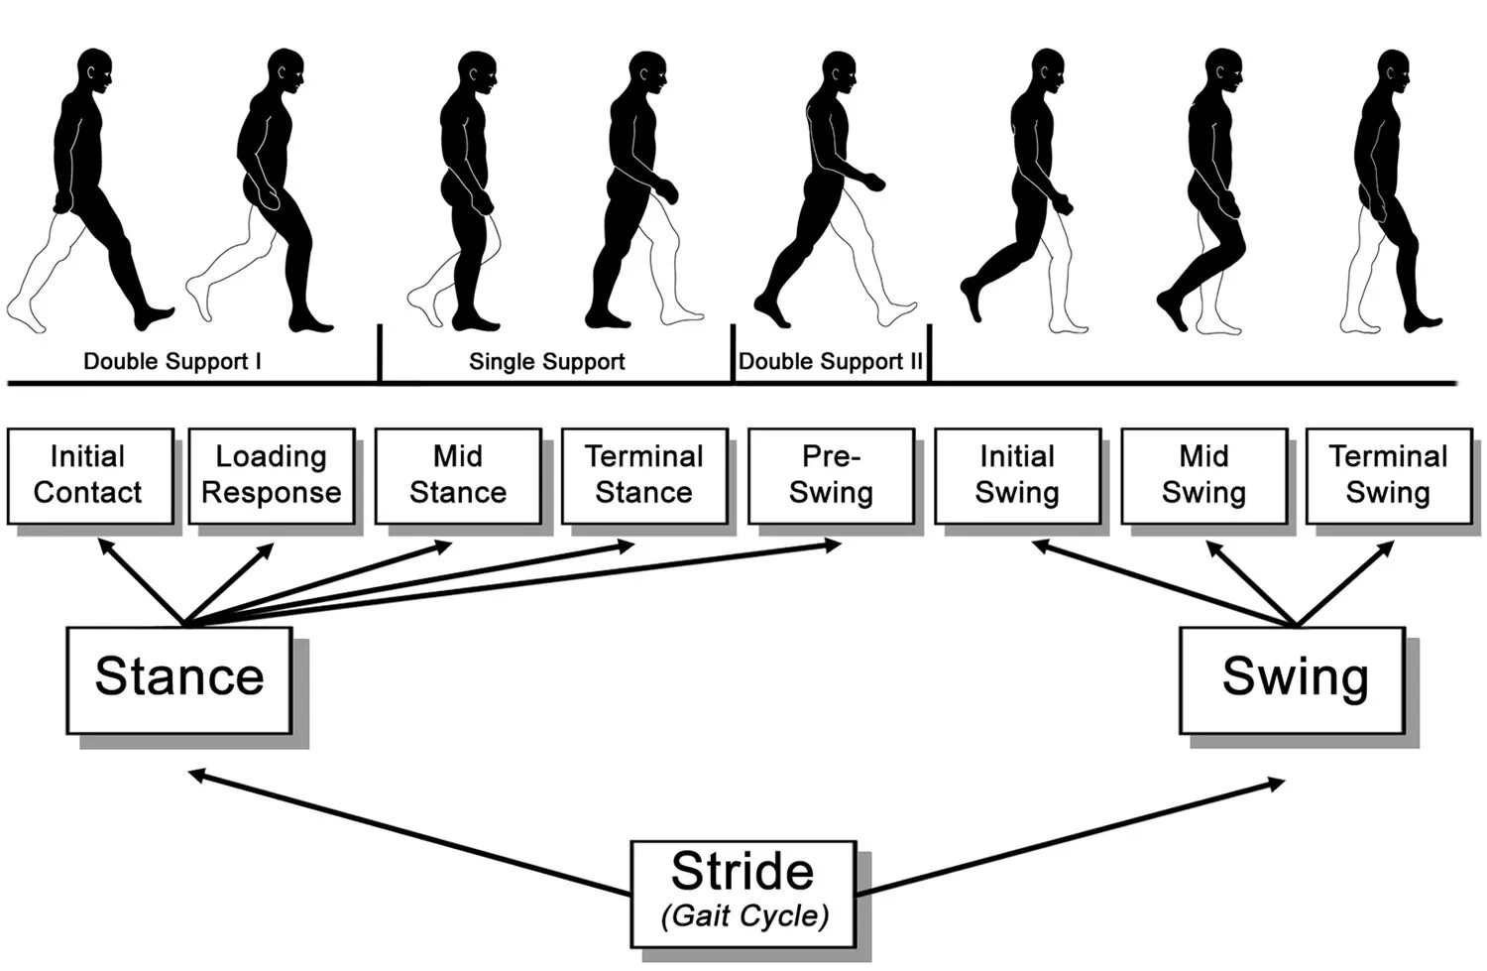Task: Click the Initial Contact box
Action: pos(90,475)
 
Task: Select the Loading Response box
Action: pos(271,475)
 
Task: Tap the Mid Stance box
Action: pos(457,475)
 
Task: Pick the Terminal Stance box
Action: pos(643,475)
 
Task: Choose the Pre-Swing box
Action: pos(830,475)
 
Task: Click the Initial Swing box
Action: pos(1016,475)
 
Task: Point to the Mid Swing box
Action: pos(1203,475)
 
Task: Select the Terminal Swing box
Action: pos(1388,475)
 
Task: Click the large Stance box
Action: pos(178,679)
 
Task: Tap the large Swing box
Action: pos(1293,679)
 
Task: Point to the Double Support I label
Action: pos(172,362)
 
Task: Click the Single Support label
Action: pos(546,362)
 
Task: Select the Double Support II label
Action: pos(830,362)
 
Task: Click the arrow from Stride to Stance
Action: pos(406,832)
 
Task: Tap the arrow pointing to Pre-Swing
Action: pos(515,585)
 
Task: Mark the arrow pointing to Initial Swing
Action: pos(1160,584)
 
